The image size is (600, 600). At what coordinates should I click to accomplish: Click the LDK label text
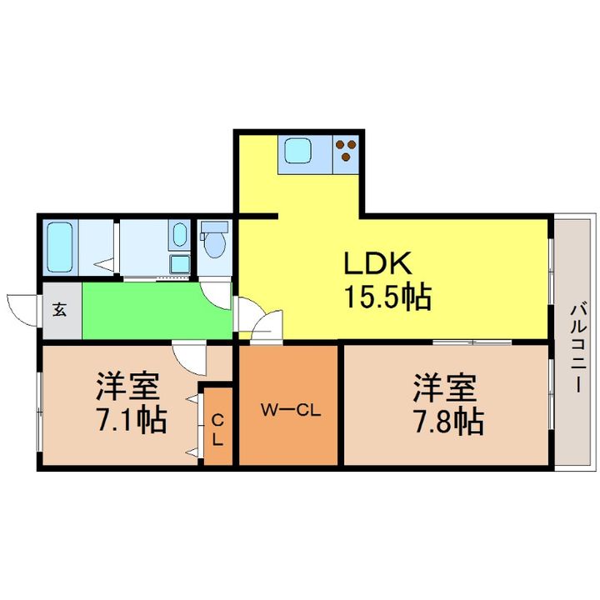tap(379, 265)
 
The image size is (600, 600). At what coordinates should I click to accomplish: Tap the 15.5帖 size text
tap(387, 296)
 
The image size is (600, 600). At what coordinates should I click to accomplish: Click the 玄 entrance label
tap(60, 310)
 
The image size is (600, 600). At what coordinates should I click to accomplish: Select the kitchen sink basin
tap(297, 152)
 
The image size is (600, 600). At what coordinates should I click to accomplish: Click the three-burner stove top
tap(345, 152)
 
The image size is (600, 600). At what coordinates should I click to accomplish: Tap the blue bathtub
tap(60, 247)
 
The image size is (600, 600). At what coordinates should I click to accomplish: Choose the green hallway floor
tap(150, 310)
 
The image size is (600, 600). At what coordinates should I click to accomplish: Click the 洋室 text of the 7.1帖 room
tap(126, 386)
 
